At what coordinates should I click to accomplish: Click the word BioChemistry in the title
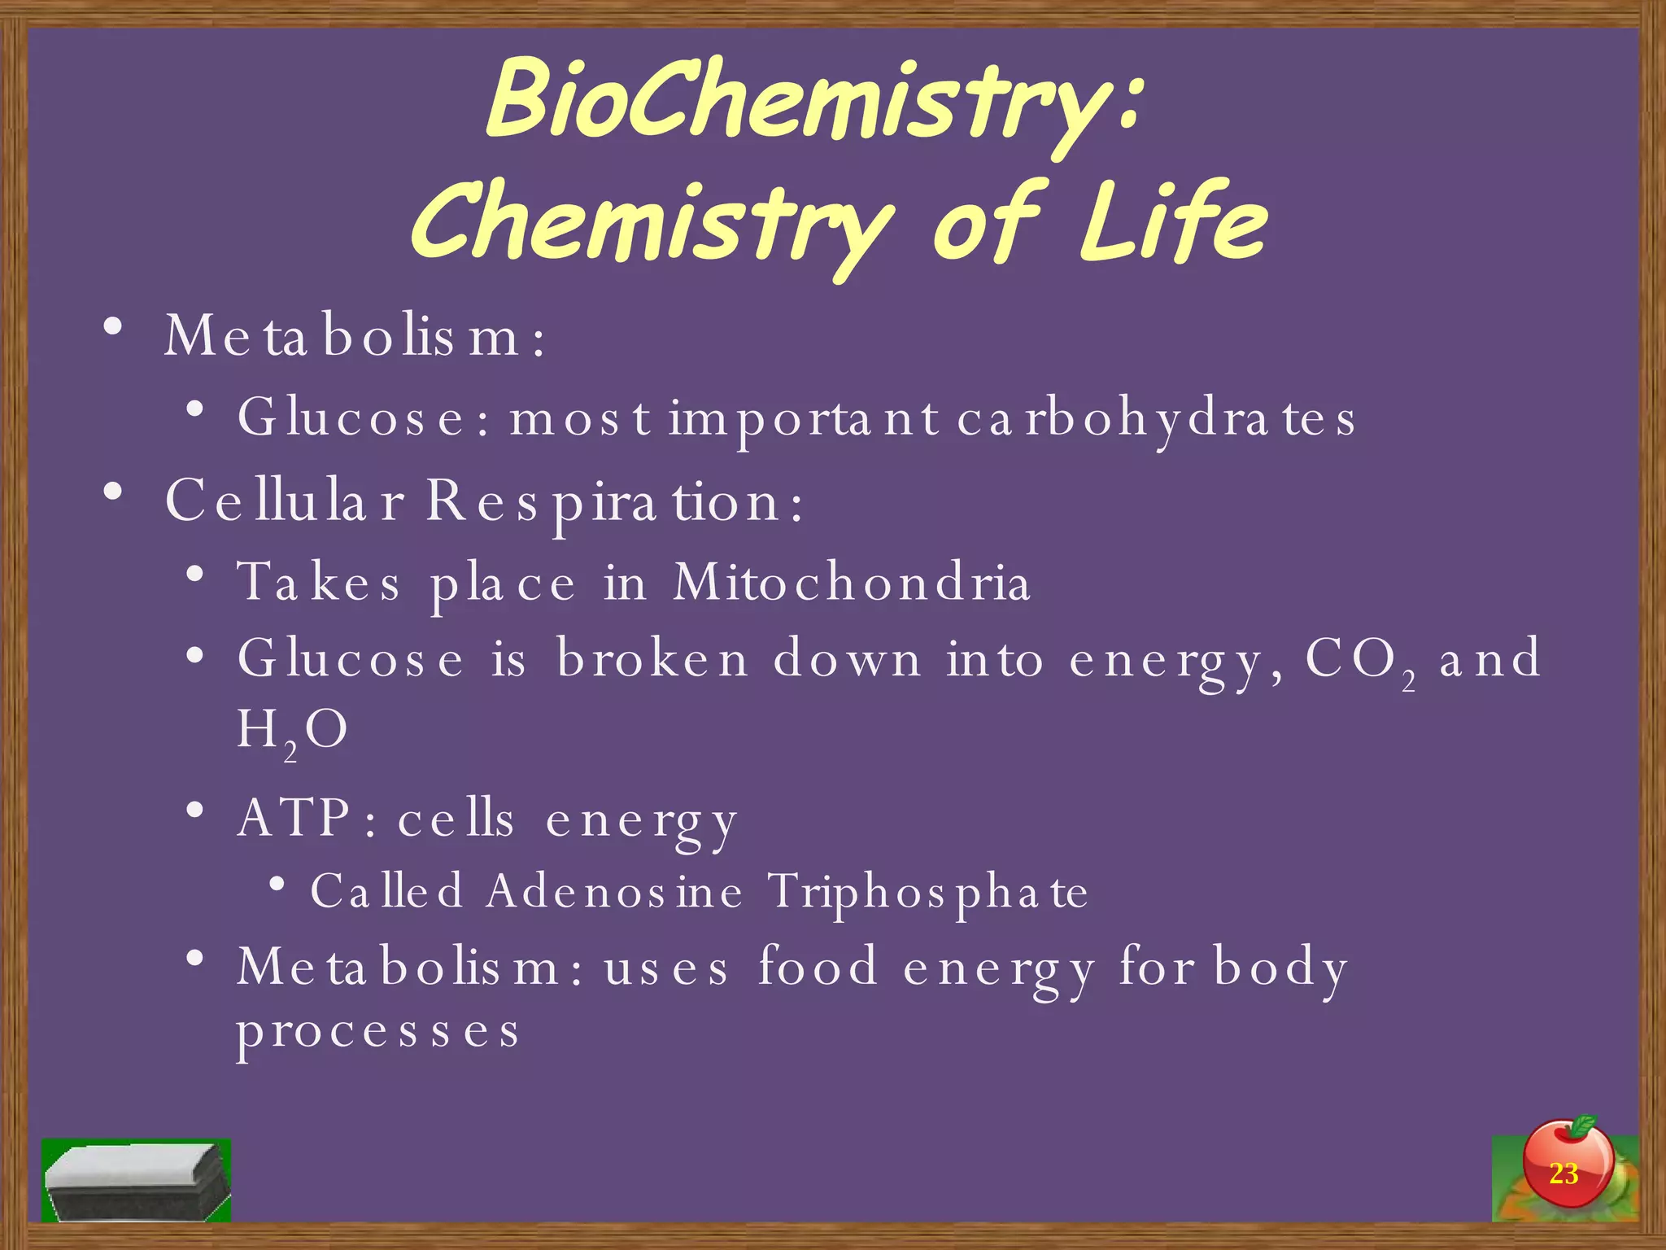click(801, 102)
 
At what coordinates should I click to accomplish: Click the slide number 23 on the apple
click(1563, 1174)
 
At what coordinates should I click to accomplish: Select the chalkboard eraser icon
click(137, 1181)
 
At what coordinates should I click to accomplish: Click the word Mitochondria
click(852, 582)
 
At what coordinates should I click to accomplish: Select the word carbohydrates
click(1156, 419)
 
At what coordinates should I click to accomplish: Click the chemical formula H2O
click(292, 731)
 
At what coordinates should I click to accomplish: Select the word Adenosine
click(615, 891)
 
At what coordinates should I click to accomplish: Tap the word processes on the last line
click(377, 1033)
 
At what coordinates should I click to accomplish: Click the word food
click(818, 966)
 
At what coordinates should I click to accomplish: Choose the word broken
click(652, 658)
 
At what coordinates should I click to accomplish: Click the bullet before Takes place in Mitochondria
click(194, 575)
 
